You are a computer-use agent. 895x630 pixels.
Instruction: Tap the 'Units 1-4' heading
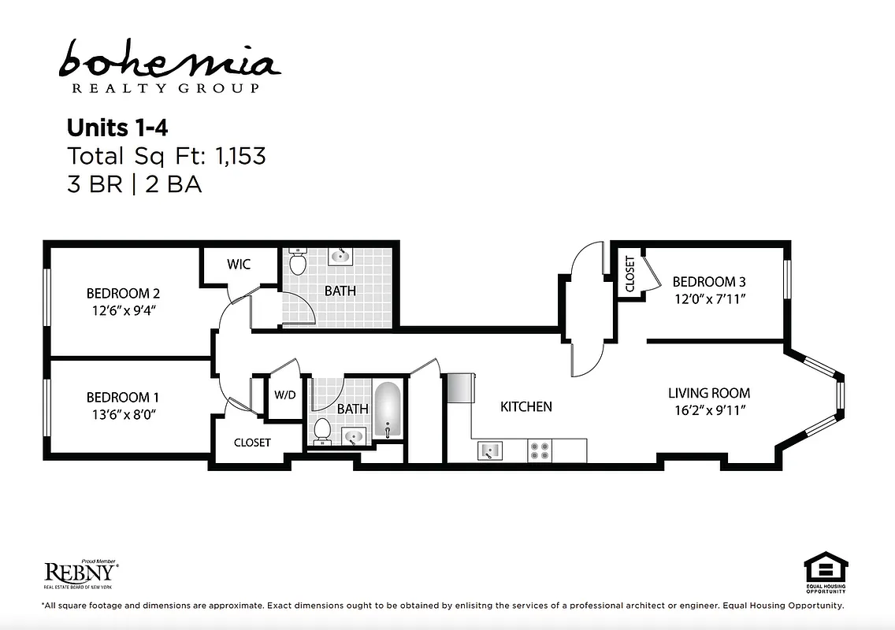[x=117, y=128]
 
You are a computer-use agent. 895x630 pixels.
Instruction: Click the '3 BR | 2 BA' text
[x=134, y=184]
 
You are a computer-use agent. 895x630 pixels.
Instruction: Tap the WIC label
[x=239, y=265]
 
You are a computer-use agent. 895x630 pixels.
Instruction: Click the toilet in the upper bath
[x=298, y=261]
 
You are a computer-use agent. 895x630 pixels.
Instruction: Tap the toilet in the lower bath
[x=322, y=429]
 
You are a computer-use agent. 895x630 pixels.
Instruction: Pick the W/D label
[x=285, y=395]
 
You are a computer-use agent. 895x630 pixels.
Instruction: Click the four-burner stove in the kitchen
[x=540, y=450]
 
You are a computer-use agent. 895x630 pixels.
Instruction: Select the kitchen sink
[x=490, y=450]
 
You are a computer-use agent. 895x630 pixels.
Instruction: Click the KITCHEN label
[x=526, y=407]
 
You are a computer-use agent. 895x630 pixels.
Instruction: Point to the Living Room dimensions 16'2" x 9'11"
[x=708, y=409]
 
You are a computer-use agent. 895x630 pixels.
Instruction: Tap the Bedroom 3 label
[x=708, y=282]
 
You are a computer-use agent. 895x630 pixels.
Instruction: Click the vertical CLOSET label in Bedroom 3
[x=629, y=274]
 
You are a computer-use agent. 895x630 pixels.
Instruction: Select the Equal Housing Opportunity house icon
[x=825, y=567]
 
